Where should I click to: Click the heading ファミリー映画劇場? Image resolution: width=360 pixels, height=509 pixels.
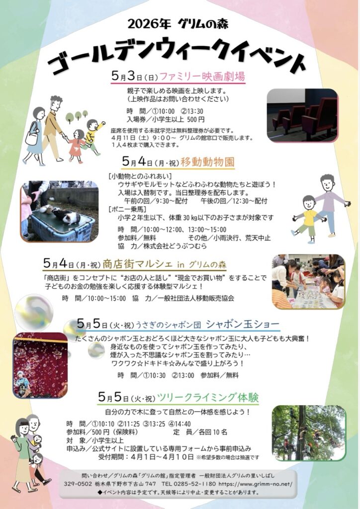[x=202, y=77]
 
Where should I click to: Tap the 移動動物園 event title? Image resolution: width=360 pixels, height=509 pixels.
[x=207, y=162]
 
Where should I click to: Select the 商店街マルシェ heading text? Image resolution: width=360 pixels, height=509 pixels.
[x=137, y=264]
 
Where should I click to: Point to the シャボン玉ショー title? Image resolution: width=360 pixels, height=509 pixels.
[x=243, y=324]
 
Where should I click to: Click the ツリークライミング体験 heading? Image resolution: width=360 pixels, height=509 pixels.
[x=208, y=397]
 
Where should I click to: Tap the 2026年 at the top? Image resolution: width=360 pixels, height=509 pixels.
[x=149, y=24]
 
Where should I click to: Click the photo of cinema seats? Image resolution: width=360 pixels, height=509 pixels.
[x=302, y=115]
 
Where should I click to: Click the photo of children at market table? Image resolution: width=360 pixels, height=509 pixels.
[x=308, y=281]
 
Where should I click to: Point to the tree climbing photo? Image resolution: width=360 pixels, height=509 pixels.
[x=309, y=433]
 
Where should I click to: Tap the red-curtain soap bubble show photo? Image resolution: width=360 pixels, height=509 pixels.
[x=40, y=365]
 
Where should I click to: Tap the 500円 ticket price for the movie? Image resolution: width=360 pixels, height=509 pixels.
[x=196, y=119]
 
